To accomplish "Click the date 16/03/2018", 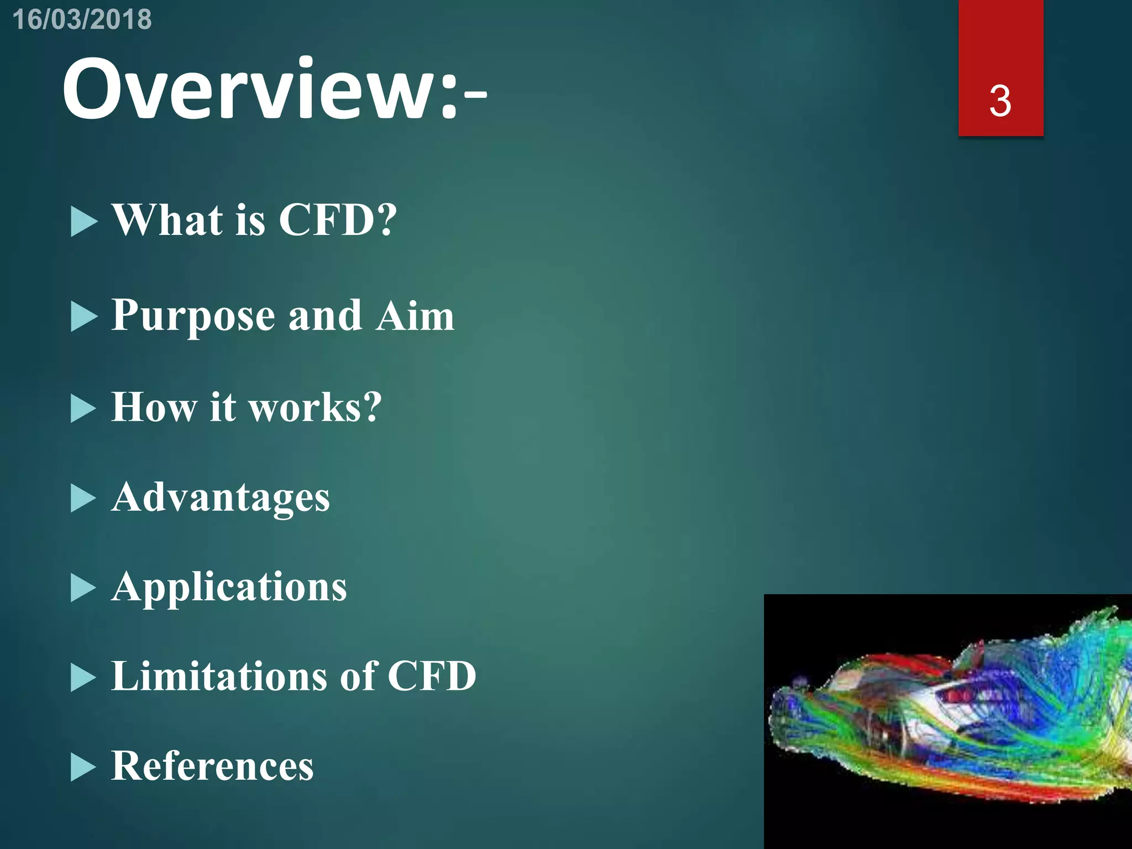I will tap(82, 19).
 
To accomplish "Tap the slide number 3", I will tap(1000, 101).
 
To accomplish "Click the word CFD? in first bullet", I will tap(337, 219).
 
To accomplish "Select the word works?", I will tap(315, 407).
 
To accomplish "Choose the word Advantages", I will tap(221, 497).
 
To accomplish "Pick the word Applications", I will tap(229, 587).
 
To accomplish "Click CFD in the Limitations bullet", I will tap(432, 676).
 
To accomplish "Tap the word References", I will tap(213, 766).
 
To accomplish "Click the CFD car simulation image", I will tap(947, 721).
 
